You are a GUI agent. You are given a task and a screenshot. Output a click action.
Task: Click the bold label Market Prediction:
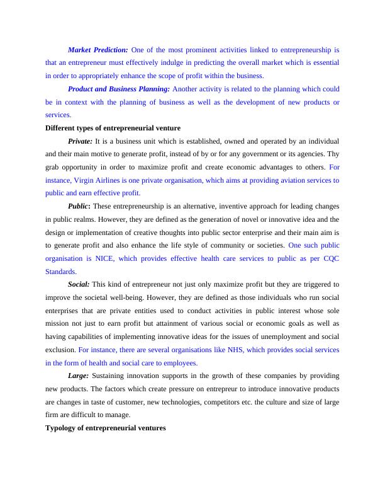(x=98, y=49)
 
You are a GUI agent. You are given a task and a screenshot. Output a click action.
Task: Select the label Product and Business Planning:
(x=119, y=89)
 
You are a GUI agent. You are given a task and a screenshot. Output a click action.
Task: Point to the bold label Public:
(x=79, y=206)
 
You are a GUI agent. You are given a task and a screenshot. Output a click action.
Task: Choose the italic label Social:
(x=79, y=284)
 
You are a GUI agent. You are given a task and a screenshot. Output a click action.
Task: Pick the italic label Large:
(x=79, y=376)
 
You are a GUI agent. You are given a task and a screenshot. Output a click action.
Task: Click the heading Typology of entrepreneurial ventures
(x=106, y=428)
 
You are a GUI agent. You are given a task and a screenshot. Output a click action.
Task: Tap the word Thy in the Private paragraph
(x=333, y=154)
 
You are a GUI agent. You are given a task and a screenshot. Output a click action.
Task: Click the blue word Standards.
(x=60, y=272)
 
